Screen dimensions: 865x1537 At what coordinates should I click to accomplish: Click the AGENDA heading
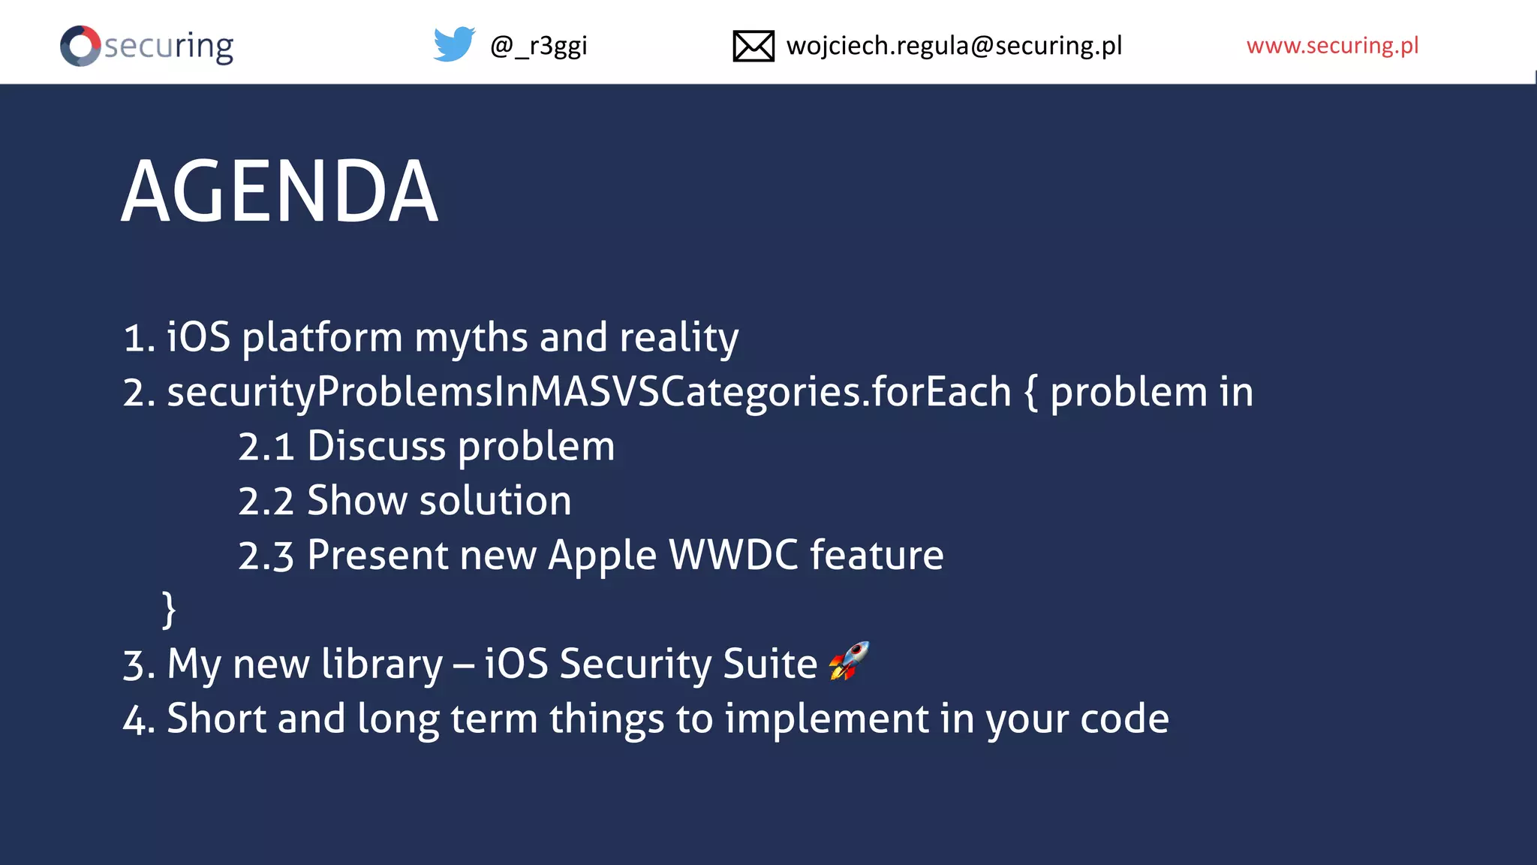click(279, 192)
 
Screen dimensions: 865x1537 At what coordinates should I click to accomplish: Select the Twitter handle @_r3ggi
click(538, 46)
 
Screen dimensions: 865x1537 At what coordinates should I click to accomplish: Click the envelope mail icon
click(753, 46)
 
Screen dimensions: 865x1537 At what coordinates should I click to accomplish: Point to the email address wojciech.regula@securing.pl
click(954, 46)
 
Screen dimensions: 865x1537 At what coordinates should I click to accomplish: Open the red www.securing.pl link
click(1332, 46)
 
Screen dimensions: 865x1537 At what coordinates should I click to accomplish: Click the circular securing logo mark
click(80, 46)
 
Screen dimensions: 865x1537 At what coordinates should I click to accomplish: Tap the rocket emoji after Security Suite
click(849, 661)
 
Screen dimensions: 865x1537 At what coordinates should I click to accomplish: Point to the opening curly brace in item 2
click(1031, 392)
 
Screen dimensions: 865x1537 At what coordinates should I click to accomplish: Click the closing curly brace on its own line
click(169, 608)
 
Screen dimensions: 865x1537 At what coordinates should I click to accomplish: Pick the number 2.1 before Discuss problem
click(266, 447)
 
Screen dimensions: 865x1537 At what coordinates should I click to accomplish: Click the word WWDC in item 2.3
click(733, 556)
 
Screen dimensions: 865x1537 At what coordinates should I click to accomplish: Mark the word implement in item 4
click(826, 719)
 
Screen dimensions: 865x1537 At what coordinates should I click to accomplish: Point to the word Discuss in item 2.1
click(376, 447)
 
